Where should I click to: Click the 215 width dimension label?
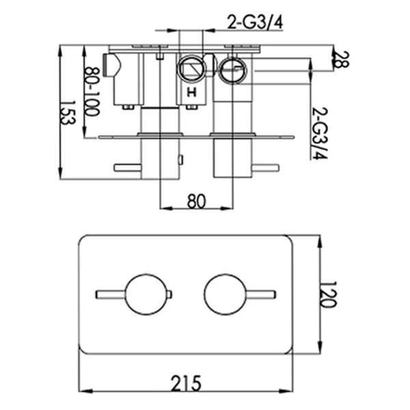click(186, 383)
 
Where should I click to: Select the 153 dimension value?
click(68, 113)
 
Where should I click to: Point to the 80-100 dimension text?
click(93, 92)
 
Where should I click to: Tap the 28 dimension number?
click(342, 59)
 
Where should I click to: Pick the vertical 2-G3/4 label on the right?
click(320, 133)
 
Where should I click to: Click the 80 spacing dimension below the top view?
click(197, 201)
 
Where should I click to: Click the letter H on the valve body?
click(191, 92)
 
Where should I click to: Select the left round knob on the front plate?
click(146, 295)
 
